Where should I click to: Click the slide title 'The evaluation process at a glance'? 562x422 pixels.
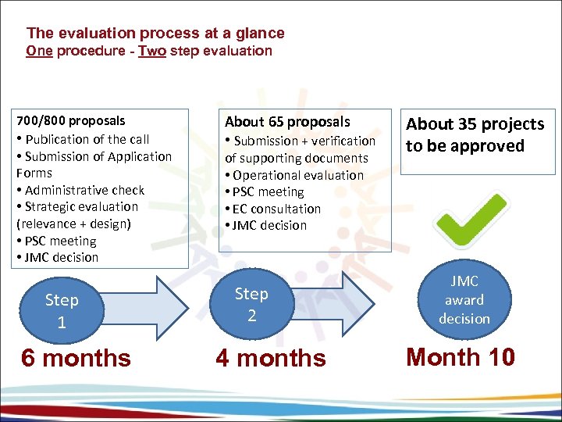(x=155, y=34)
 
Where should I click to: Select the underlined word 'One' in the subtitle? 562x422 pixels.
(x=38, y=52)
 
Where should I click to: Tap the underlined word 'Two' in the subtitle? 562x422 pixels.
(x=151, y=52)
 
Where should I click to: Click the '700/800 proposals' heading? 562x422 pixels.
(x=71, y=121)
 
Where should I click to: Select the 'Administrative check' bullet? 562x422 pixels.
(x=84, y=190)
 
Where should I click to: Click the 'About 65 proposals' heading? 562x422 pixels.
(x=287, y=122)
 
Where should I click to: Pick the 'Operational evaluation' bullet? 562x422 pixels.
(x=297, y=175)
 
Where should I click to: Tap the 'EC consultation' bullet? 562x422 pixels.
(x=276, y=209)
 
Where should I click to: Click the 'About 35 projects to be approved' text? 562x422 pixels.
(x=475, y=135)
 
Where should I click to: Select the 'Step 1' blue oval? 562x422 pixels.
(x=62, y=310)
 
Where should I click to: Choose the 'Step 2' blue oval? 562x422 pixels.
(x=251, y=304)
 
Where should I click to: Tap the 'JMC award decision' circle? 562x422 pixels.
(x=464, y=300)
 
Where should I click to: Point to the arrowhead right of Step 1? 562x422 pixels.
(x=173, y=304)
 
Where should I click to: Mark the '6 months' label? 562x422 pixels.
(x=76, y=358)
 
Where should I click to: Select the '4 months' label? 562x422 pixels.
(x=271, y=358)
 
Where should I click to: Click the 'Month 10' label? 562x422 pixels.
(x=461, y=357)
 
